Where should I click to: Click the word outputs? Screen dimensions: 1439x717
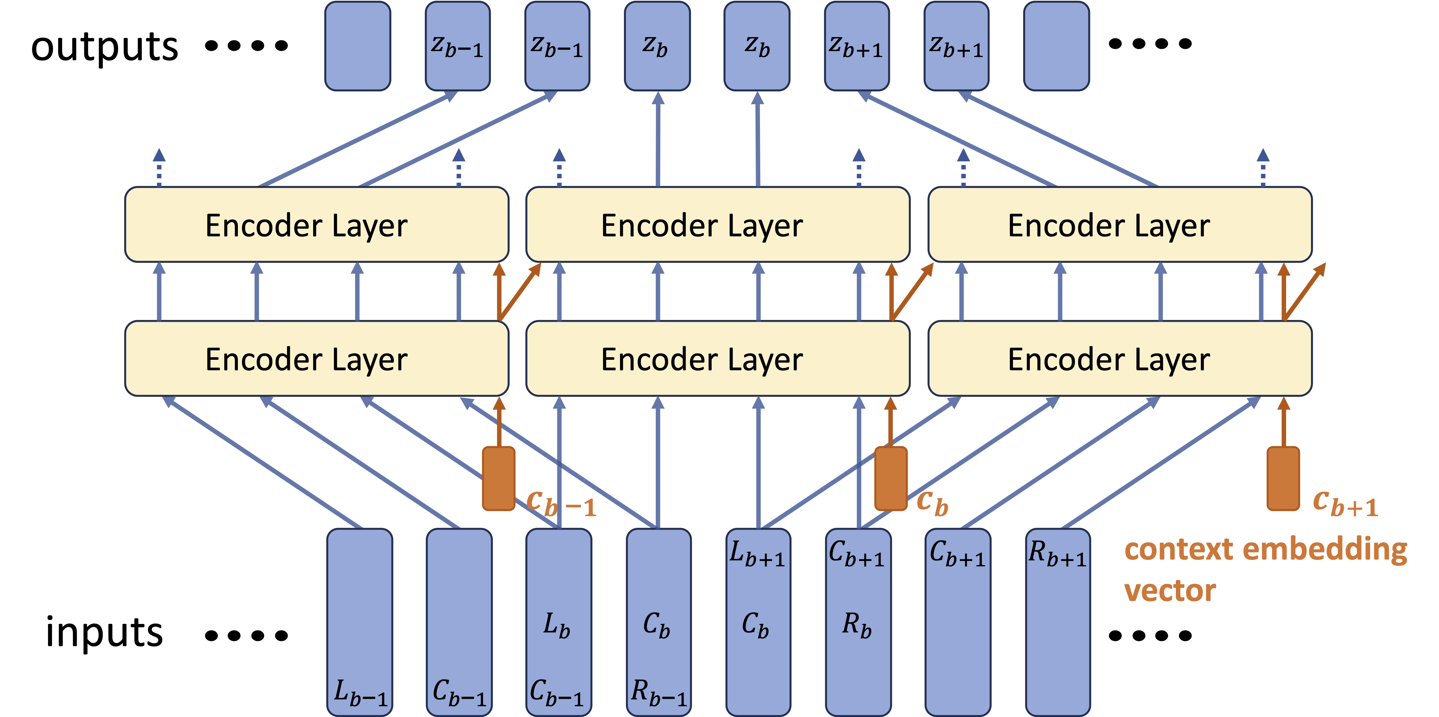pos(104,47)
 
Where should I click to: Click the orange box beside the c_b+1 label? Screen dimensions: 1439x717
pos(1283,479)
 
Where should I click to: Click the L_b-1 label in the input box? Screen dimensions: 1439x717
pos(360,692)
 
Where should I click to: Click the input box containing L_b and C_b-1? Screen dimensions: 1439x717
pos(559,622)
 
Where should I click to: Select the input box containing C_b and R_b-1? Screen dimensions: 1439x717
pos(659,622)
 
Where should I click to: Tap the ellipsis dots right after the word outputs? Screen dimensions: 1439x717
pos(246,45)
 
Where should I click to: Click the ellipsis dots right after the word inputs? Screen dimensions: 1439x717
pos(246,635)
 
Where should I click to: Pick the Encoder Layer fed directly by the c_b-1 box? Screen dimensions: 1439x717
pos(317,359)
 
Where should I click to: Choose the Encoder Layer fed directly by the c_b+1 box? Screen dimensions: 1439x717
pos(1120,359)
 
